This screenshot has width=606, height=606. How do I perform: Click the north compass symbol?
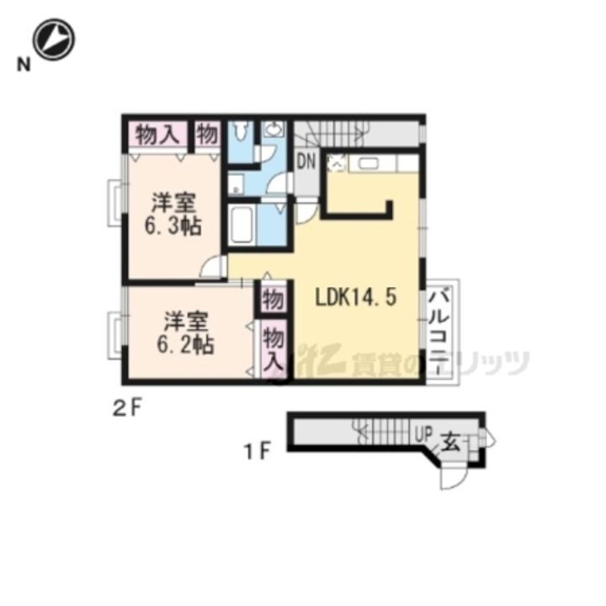pyautogui.click(x=55, y=39)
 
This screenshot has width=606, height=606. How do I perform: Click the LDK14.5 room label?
pyautogui.click(x=355, y=298)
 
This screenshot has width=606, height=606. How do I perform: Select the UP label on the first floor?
pyautogui.click(x=423, y=436)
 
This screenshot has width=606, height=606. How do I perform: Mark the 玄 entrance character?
pyautogui.click(x=451, y=439)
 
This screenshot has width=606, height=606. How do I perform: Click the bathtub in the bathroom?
pyautogui.click(x=242, y=224)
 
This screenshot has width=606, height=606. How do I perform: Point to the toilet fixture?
pyautogui.click(x=242, y=132)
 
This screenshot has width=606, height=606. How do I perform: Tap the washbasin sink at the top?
pyautogui.click(x=274, y=130)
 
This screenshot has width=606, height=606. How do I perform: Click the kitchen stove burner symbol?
pyautogui.click(x=335, y=162)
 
